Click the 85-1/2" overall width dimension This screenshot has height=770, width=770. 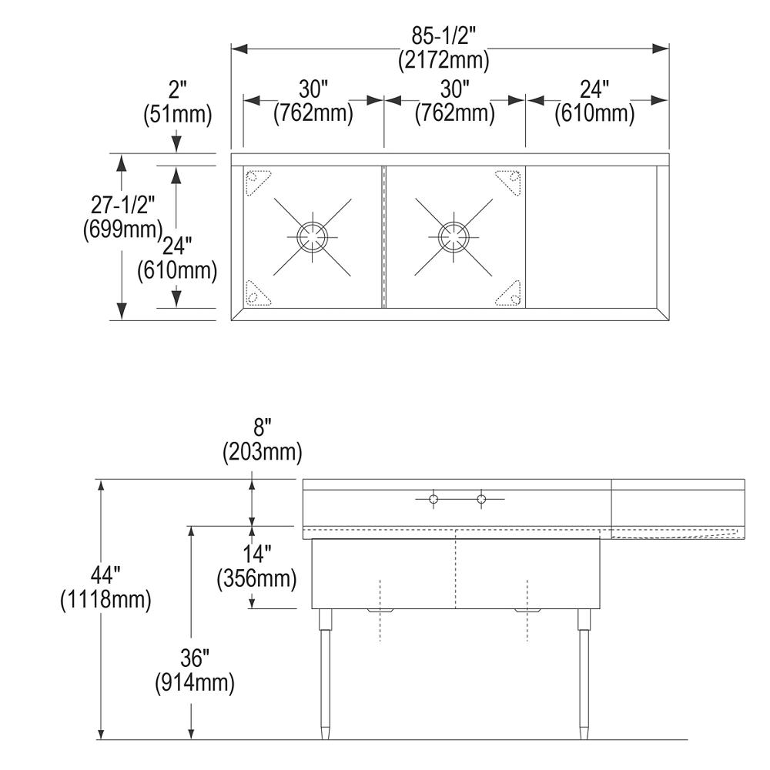click(444, 35)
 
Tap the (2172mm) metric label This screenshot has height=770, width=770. click(444, 60)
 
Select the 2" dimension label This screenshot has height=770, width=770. click(178, 90)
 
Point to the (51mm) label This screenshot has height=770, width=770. click(178, 115)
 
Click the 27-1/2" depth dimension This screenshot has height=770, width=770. click(122, 204)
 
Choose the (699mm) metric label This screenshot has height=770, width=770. click(122, 229)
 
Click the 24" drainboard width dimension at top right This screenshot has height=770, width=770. click(594, 89)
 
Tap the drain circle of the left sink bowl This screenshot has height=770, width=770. click(313, 236)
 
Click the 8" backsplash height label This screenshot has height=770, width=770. click(263, 427)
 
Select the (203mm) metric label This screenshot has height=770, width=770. click(263, 452)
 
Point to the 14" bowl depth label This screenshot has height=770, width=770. click(257, 554)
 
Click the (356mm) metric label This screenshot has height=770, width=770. click(257, 578)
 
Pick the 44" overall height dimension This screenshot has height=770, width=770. click(105, 574)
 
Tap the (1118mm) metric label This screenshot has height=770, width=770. click(105, 599)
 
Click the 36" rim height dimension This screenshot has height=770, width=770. click(195, 658)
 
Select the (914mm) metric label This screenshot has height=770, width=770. click(195, 682)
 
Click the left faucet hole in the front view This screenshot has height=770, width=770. click(433, 500)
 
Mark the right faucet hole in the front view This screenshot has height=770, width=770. click(481, 500)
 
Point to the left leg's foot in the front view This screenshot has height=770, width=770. click(325, 733)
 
